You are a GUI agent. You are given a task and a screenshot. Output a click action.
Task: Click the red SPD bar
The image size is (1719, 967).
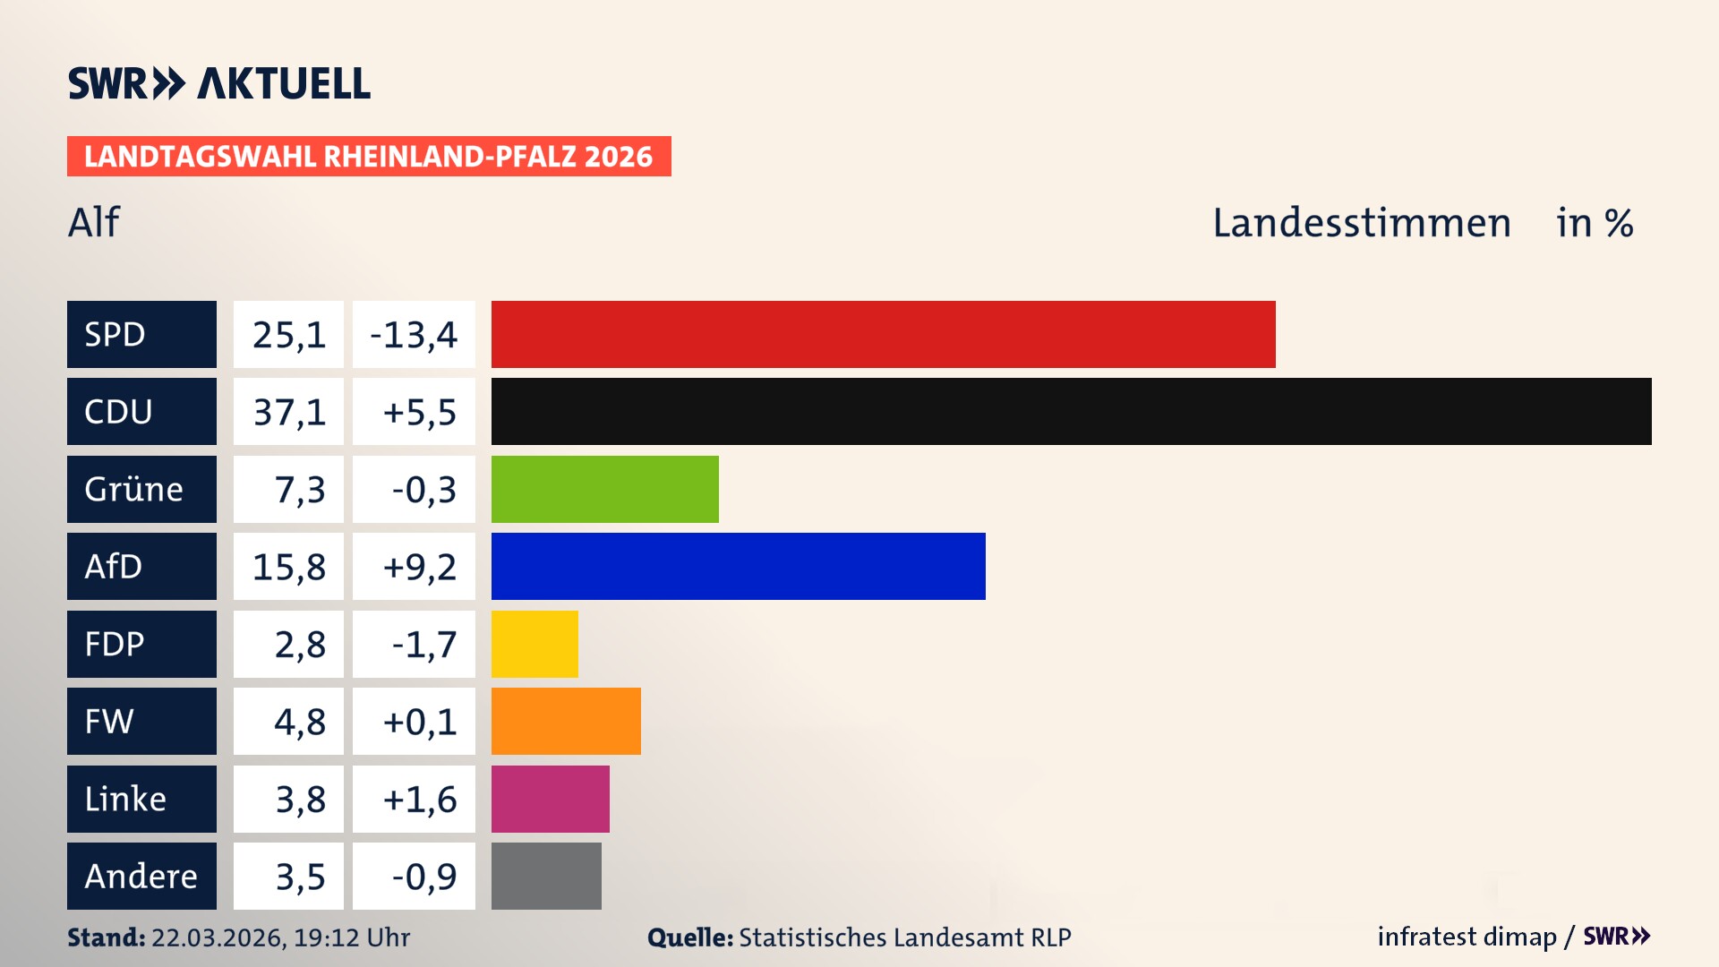pyautogui.click(x=883, y=334)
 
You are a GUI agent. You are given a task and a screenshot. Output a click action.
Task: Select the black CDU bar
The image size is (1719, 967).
pyautogui.click(x=1071, y=411)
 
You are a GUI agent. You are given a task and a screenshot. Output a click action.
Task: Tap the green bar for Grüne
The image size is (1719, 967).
pyautogui.click(x=604, y=489)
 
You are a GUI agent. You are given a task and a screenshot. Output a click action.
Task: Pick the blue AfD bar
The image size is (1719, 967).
pyautogui.click(x=738, y=566)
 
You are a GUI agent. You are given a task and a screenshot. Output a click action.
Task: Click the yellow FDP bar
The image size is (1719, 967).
pyautogui.click(x=535, y=644)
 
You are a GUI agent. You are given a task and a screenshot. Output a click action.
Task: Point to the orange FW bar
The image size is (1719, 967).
pyautogui.click(x=566, y=721)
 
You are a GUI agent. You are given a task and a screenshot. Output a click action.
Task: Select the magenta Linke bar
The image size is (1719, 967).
pyautogui.click(x=550, y=799)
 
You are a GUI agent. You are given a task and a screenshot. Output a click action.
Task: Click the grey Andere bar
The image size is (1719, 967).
pyautogui.click(x=546, y=876)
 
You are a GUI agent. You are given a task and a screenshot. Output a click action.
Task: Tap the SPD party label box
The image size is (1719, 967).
pyautogui.click(x=141, y=334)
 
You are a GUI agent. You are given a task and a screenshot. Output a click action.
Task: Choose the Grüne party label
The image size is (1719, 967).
pyautogui.click(x=141, y=489)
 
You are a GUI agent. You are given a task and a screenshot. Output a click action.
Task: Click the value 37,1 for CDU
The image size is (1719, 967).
pyautogui.click(x=288, y=412)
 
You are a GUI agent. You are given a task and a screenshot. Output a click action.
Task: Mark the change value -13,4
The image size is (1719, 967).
pyautogui.click(x=414, y=335)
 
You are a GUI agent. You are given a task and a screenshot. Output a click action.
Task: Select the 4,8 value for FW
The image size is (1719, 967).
pyautogui.click(x=299, y=722)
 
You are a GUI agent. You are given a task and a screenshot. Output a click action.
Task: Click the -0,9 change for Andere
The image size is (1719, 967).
pyautogui.click(x=423, y=877)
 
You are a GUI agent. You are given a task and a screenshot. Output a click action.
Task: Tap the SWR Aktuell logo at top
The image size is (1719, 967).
pyautogui.click(x=218, y=83)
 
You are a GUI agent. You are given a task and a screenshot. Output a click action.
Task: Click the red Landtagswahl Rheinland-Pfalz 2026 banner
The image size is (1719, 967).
pyautogui.click(x=368, y=157)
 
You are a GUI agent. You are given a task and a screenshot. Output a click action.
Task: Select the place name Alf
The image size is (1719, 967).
pyautogui.click(x=93, y=222)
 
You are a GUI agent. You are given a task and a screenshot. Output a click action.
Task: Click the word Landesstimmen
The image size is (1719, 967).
pyautogui.click(x=1361, y=223)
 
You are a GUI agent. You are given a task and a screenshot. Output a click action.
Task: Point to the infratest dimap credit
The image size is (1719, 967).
pyautogui.click(x=1466, y=937)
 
